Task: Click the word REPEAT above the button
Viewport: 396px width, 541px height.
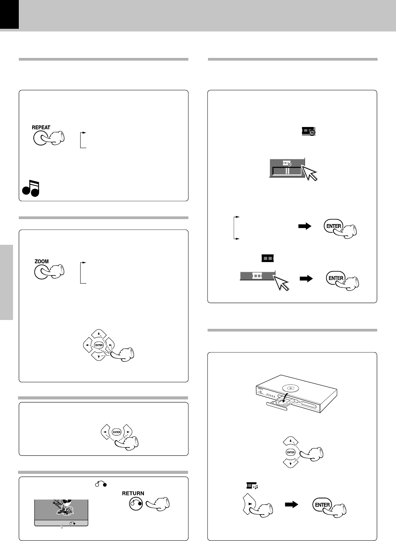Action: (x=41, y=127)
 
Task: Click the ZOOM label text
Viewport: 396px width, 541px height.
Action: (x=41, y=261)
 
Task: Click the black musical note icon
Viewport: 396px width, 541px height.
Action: (x=31, y=188)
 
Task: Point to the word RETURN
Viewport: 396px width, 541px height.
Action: (x=133, y=493)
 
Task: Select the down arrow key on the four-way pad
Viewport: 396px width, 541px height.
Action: (x=99, y=356)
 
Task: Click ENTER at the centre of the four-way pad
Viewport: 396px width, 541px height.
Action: (x=99, y=345)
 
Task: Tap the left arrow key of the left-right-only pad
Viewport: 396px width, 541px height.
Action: (x=106, y=432)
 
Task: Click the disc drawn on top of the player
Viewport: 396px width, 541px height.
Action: (x=290, y=389)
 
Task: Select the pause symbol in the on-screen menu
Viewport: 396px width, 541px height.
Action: (x=287, y=171)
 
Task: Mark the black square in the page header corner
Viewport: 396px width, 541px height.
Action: (x=10, y=14)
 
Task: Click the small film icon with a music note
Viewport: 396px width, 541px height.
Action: (x=252, y=485)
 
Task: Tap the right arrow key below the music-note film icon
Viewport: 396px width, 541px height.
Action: (x=249, y=504)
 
